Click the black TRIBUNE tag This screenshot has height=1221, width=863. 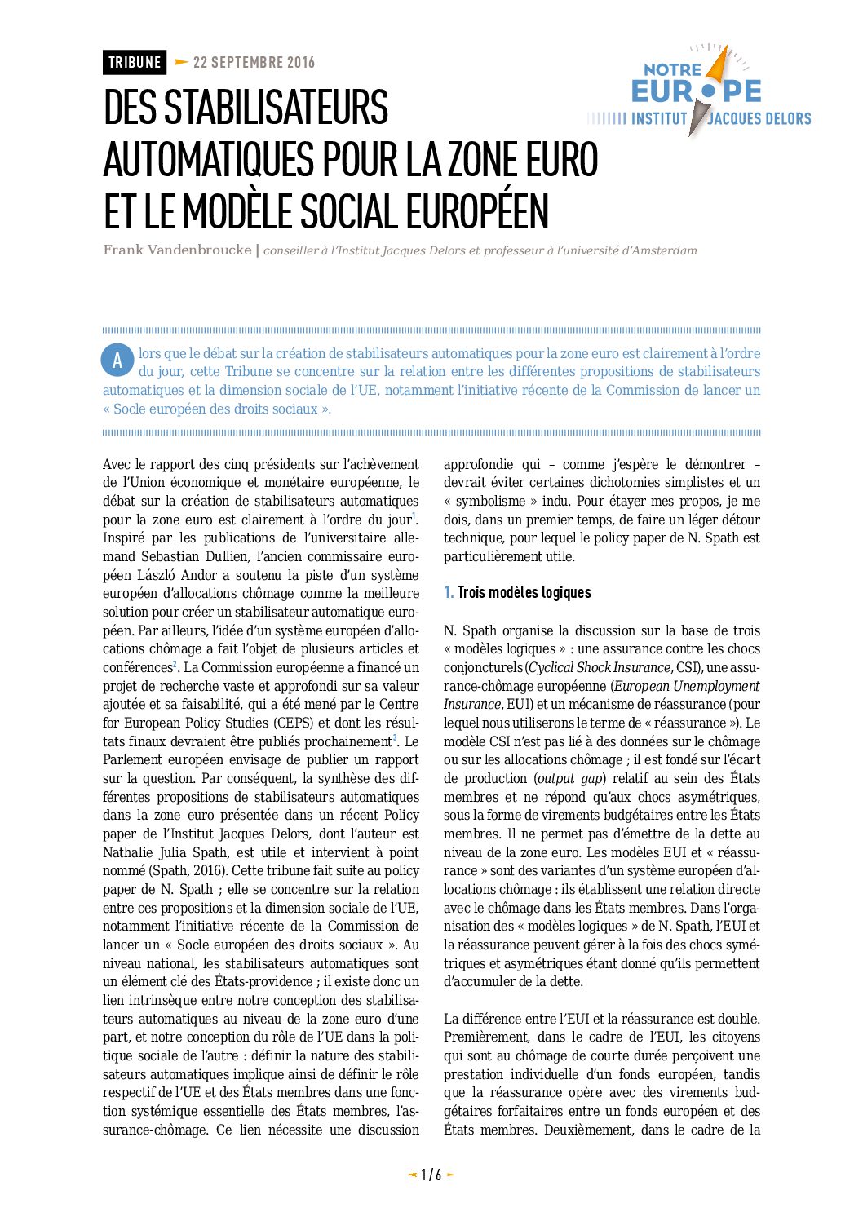(x=135, y=63)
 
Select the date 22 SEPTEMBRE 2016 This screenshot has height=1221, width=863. (x=254, y=63)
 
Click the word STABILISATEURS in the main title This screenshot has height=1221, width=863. (x=246, y=108)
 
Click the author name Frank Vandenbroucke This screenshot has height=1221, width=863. (x=177, y=250)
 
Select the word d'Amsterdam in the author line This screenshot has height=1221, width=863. (x=659, y=250)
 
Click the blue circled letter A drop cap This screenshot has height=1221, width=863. (x=117, y=361)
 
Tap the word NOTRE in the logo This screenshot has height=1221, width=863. (x=672, y=70)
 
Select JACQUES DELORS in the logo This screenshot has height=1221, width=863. (x=759, y=119)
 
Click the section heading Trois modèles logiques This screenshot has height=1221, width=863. (x=524, y=593)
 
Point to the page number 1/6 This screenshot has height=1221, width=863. (x=431, y=1175)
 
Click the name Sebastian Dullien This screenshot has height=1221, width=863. (x=194, y=556)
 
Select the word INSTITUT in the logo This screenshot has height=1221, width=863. (x=659, y=119)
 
